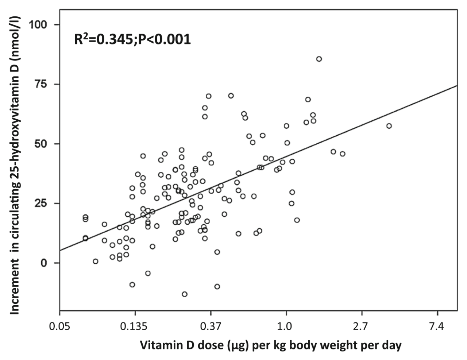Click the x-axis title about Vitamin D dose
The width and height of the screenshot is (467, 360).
tap(270, 345)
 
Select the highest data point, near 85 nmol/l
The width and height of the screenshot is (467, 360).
tap(319, 59)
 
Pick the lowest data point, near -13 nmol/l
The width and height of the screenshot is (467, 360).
tap(185, 294)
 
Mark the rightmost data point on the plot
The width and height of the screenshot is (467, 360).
tap(389, 126)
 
